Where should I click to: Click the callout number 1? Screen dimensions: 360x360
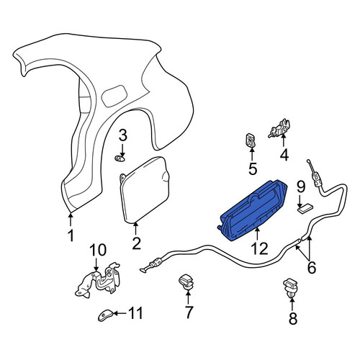point(71,235)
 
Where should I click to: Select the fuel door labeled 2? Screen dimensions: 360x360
point(144,189)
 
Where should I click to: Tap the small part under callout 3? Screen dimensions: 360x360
point(120,158)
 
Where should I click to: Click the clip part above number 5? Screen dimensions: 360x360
point(251,140)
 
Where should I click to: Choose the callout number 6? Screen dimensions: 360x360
point(312,267)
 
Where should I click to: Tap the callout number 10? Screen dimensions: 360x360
point(98,250)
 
